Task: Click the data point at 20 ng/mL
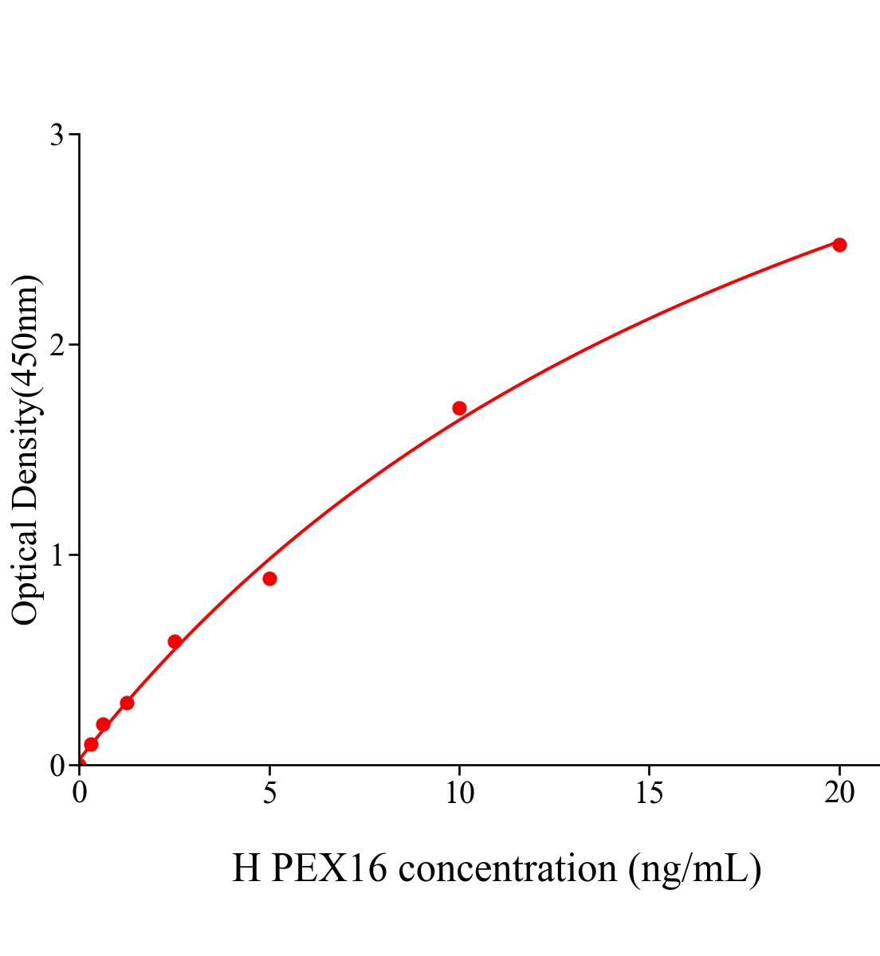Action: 839,245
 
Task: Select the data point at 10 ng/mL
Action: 459,409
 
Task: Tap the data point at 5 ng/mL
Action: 269,578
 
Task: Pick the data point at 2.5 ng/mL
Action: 175,641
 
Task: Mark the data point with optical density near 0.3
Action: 127,703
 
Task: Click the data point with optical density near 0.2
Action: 103,724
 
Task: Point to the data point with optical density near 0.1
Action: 91,744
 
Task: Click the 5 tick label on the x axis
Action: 269,793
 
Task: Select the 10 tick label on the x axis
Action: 459,793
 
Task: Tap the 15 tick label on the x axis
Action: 649,793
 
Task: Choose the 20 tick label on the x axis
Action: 839,793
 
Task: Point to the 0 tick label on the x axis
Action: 80,793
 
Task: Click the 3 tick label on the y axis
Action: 57,135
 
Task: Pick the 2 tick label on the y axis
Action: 57,345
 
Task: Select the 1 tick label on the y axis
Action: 57,555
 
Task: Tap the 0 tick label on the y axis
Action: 57,766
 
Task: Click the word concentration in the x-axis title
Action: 508,868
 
